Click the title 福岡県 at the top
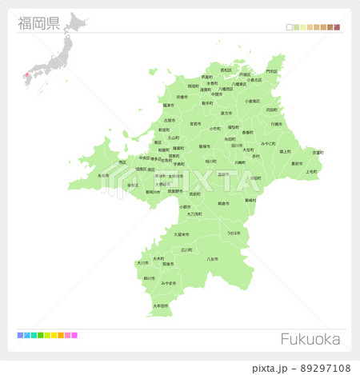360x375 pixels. click(39, 22)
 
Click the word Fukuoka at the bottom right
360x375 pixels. click(310, 339)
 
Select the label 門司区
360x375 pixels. click(272, 71)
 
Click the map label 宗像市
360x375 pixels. click(182, 97)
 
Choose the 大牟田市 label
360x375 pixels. click(161, 305)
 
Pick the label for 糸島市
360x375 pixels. click(102, 176)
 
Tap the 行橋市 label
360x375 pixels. click(277, 124)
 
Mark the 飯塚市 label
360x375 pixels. click(205, 146)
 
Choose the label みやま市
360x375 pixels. click(168, 283)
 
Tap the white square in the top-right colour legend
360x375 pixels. click(290, 27)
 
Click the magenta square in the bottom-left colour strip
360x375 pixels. click(74, 335)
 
